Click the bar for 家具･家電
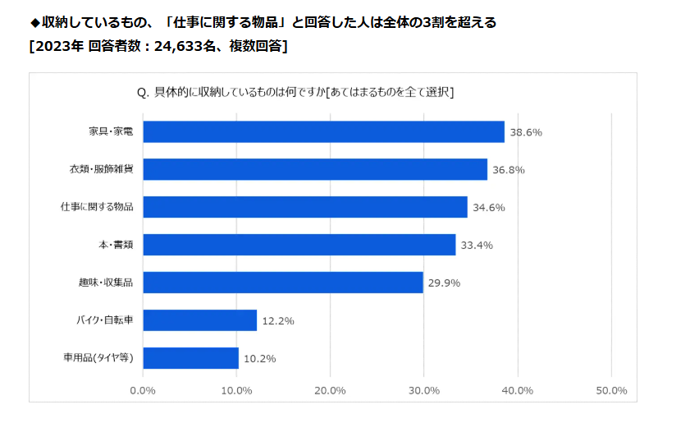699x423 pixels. (323, 131)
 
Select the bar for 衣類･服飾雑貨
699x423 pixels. (315, 169)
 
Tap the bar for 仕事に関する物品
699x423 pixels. (305, 207)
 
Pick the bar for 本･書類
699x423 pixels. (299, 245)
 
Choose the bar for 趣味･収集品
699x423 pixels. (283, 283)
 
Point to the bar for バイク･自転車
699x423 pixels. (200, 320)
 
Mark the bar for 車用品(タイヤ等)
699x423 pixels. (191, 358)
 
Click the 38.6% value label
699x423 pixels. (526, 132)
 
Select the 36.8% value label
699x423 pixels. (509, 170)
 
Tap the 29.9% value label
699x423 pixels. (444, 283)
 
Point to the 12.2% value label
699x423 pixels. (278, 321)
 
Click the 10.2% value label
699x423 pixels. (259, 359)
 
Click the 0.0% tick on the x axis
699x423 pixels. (144, 390)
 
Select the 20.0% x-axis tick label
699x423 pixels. (331, 390)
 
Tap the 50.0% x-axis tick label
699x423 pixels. (610, 390)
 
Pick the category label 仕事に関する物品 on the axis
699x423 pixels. (103, 207)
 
